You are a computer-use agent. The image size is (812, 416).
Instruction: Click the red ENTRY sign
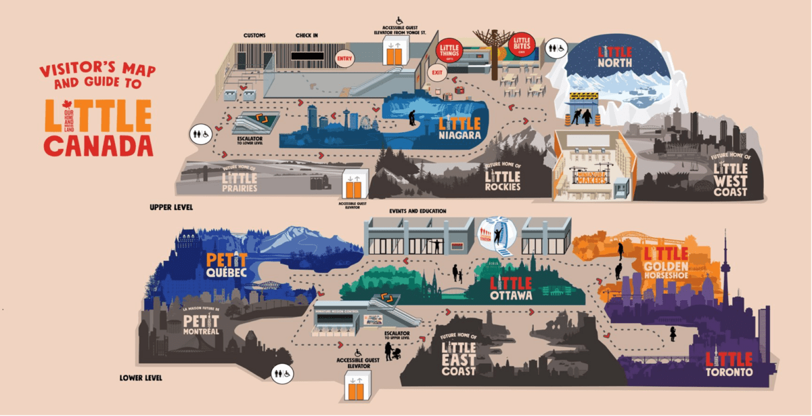pos(344,58)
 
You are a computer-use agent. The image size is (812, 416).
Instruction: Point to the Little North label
pos(614,57)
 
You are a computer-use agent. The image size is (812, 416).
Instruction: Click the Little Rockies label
pos(502,177)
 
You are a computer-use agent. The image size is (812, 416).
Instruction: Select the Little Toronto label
pos(728,365)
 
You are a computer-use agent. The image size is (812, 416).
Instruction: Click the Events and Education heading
pos(418,211)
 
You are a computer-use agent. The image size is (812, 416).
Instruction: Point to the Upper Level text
pos(171,207)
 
